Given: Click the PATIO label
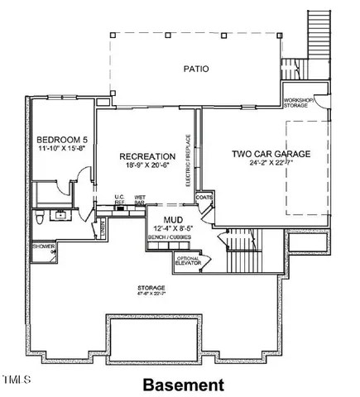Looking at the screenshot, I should coord(196,69).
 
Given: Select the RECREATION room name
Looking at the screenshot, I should coord(146,155).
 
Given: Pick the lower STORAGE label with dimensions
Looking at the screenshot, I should coord(151,289).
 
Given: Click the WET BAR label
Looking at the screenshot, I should coord(140,200).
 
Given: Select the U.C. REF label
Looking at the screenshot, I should coord(119,200).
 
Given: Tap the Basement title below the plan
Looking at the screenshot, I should coord(183,385).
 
